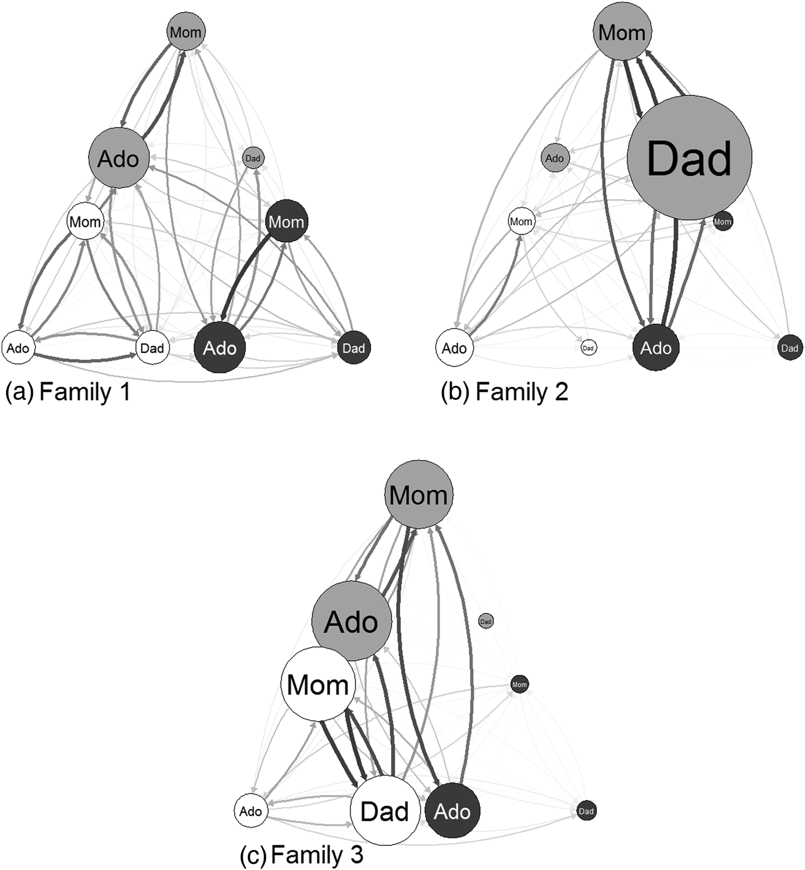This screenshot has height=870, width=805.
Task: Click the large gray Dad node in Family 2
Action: click(x=689, y=157)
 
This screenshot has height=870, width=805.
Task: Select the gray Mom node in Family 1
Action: click(x=186, y=32)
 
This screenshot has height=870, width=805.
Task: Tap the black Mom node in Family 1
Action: click(x=286, y=221)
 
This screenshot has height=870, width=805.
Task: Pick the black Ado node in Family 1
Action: click(x=220, y=348)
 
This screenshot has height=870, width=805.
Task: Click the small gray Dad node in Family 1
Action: click(x=252, y=158)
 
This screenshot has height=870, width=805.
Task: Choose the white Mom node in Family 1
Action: click(x=85, y=221)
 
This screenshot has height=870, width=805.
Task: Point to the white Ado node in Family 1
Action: click(x=18, y=348)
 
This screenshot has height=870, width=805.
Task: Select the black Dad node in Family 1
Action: click(x=353, y=348)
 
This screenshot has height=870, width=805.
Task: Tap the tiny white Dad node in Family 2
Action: click(x=588, y=348)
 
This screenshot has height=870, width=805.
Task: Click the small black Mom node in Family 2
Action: click(x=723, y=221)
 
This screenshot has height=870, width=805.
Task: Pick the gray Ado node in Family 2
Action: click(x=554, y=158)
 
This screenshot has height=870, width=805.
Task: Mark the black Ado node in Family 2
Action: click(x=655, y=348)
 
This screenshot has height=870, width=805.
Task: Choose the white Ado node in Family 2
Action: click(x=454, y=348)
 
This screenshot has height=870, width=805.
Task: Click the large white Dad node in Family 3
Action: click(x=385, y=811)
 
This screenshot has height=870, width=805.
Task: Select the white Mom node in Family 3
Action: click(x=318, y=684)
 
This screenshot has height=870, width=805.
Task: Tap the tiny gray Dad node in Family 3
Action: click(x=486, y=621)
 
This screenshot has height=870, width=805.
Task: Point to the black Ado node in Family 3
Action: click(x=452, y=811)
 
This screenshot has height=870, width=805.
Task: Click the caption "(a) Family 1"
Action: click(x=68, y=392)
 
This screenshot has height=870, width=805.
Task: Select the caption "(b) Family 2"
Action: click(x=504, y=392)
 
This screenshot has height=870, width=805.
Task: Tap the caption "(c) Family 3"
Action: click(x=301, y=855)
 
